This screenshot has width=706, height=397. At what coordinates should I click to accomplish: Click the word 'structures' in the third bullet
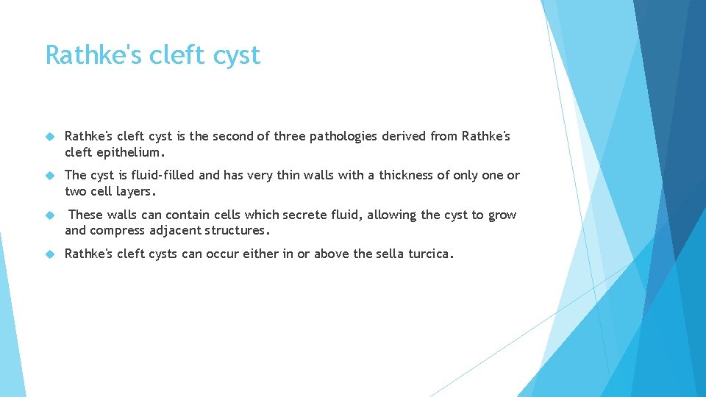click(x=236, y=231)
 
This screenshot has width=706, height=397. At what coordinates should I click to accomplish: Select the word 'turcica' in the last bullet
click(x=429, y=254)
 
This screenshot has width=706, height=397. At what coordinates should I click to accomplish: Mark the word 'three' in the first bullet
click(x=291, y=136)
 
